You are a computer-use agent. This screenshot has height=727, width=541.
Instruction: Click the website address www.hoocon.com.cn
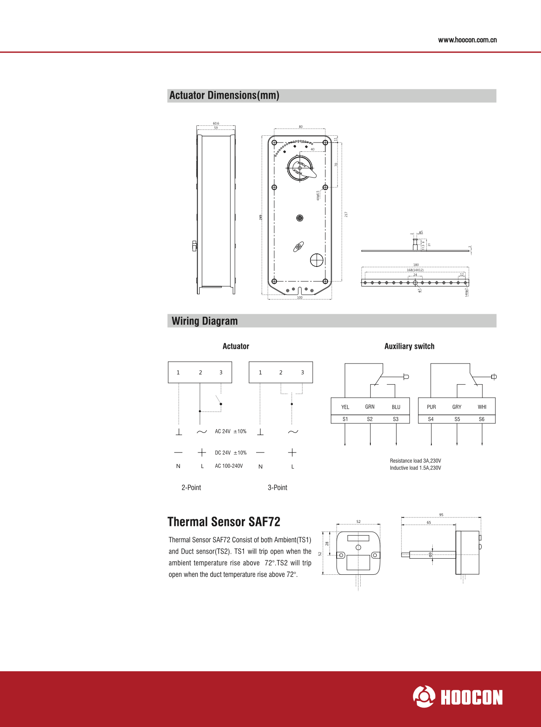coord(467,40)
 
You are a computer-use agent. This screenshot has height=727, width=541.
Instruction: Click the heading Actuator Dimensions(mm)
coord(224,95)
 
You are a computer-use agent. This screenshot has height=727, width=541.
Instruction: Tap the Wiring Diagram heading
coord(205,321)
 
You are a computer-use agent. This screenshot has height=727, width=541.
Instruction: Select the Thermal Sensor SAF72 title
coord(224,522)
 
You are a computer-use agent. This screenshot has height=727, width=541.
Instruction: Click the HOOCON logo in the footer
coord(458,697)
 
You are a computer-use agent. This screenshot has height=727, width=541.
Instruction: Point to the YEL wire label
coord(345,407)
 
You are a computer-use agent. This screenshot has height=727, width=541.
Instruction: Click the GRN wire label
coord(370,407)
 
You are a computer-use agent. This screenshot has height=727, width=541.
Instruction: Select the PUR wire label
coord(431,407)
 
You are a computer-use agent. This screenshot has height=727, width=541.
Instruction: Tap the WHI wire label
coord(482,407)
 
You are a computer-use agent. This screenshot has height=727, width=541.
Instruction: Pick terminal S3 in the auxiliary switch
coord(396,419)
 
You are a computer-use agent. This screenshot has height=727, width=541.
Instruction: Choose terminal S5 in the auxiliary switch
coord(457,419)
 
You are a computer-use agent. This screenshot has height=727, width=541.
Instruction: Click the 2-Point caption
coord(191,487)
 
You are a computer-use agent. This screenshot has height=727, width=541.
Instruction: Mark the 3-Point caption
coord(278,487)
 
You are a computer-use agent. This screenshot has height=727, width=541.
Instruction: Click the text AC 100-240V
coord(229,466)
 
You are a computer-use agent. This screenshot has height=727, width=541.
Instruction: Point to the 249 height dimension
coord(261,217)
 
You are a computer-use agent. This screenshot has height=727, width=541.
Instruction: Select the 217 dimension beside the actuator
coord(346,215)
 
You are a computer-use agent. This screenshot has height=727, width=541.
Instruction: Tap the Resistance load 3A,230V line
coord(415,461)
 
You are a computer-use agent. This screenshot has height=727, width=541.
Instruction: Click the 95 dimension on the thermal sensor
coord(441,515)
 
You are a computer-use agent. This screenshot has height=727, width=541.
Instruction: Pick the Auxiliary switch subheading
coord(409,346)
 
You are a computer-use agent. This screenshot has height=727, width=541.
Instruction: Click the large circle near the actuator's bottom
coord(316,260)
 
